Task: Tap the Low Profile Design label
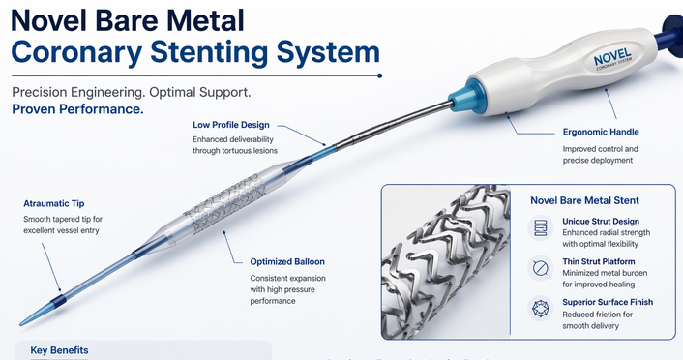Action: pos(231,125)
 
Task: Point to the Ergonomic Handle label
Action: pos(600,132)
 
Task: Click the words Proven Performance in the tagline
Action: pos(78,109)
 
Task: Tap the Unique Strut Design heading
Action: pos(605,222)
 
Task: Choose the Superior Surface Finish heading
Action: pos(608,303)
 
